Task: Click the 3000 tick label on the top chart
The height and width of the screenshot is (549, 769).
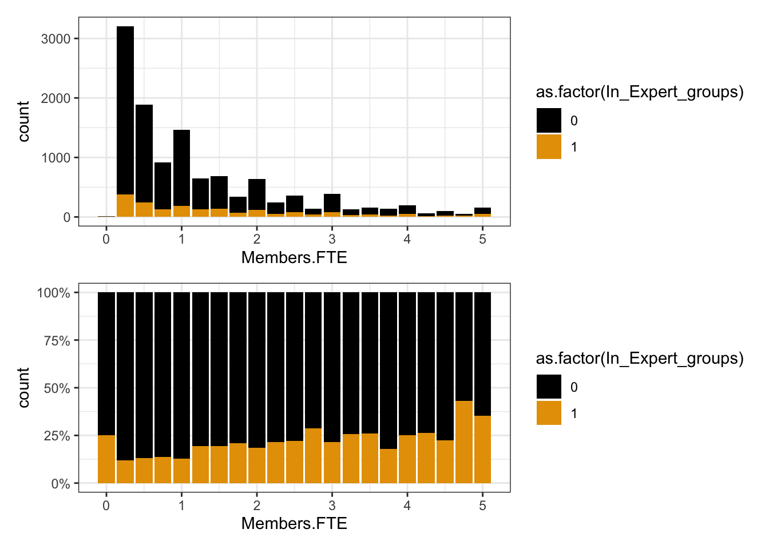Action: tap(56, 39)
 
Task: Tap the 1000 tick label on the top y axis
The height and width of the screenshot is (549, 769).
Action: tap(56, 158)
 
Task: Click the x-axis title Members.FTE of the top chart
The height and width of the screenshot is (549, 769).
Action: tap(294, 257)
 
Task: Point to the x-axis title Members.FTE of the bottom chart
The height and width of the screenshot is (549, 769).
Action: tap(294, 523)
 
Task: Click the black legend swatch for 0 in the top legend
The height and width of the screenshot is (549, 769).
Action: tap(549, 121)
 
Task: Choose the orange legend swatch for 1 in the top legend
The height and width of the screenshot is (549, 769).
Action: tap(549, 147)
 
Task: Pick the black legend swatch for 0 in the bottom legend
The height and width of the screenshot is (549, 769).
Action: tap(549, 387)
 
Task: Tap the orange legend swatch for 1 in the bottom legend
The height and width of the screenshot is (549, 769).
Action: tap(549, 413)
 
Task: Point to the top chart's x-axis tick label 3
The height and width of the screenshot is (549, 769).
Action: tap(332, 239)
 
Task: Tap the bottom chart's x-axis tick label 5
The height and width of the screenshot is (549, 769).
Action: tap(482, 506)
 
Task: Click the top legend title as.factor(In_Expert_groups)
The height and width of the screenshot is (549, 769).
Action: tap(640, 92)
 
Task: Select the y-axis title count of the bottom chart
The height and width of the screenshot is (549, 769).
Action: tap(23, 388)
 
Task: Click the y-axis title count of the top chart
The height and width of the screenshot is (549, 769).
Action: tap(23, 121)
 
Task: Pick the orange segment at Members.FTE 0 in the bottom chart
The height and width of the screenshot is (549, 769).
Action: tap(106, 459)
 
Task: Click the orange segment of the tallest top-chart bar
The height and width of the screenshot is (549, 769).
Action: tap(125, 206)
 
